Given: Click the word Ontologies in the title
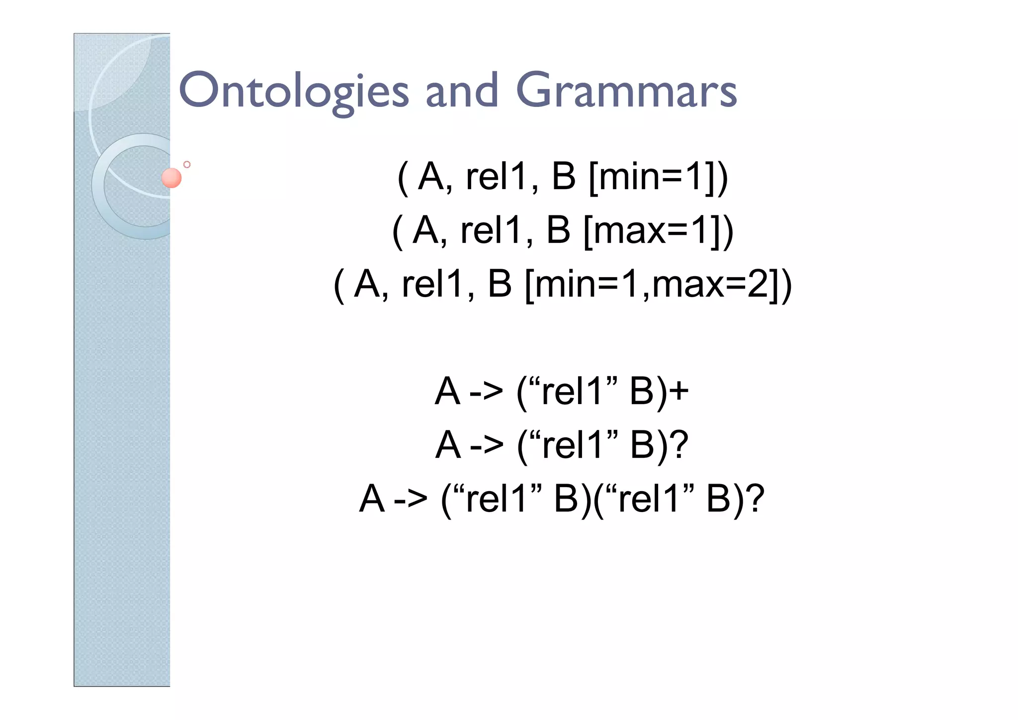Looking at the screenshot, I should (x=293, y=91).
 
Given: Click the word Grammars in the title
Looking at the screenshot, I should (x=626, y=91).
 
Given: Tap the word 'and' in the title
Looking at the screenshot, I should (x=462, y=91).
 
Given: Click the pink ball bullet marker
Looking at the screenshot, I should (x=171, y=178).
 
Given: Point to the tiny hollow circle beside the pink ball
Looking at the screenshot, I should (x=187, y=164).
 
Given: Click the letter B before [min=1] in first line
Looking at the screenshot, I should (x=563, y=177).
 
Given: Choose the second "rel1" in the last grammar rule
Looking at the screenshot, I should (x=649, y=499).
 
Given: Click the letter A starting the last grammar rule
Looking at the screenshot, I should (x=372, y=499).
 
